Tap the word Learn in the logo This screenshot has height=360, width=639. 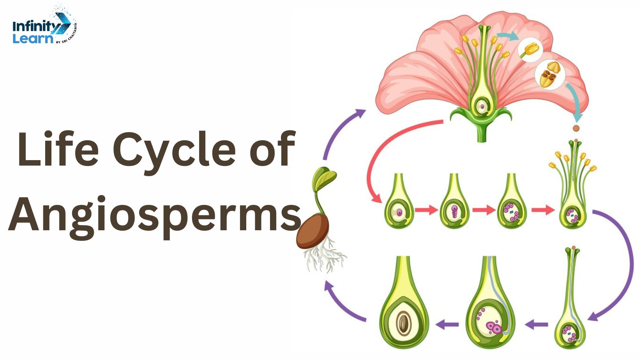coord(33,39)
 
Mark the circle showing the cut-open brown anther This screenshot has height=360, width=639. coord(549,75)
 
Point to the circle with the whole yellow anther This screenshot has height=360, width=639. coord(531,50)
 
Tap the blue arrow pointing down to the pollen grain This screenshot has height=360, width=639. coord(575,99)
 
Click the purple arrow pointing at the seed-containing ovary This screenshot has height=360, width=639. coord(447,324)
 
